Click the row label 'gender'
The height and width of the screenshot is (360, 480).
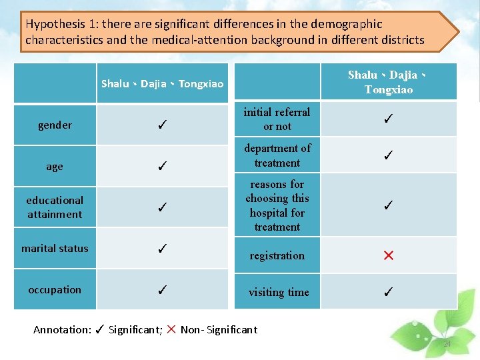point(55,125)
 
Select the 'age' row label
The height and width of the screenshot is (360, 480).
point(55,167)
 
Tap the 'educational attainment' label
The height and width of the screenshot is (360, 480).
point(55,207)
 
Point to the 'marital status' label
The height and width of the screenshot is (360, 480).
point(55,249)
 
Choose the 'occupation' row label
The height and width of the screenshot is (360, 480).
point(55,290)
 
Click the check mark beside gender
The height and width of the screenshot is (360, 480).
point(162,125)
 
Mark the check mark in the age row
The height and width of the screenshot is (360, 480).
point(162,167)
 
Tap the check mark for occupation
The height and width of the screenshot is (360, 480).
point(162,290)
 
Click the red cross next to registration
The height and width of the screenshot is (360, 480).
point(389,255)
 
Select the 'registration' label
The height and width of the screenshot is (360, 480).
point(277,255)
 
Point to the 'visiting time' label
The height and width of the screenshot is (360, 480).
point(279,292)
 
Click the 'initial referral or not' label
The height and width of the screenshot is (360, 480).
point(277,119)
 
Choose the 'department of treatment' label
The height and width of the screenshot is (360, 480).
point(277,155)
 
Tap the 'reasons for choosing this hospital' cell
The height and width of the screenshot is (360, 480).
point(277,205)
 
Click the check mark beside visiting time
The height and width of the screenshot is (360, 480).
point(389,292)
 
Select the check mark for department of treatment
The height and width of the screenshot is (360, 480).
point(389,155)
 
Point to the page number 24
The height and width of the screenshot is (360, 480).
point(447,344)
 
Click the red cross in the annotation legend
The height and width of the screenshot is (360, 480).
point(172,329)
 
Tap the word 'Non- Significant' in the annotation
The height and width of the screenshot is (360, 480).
point(219,329)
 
